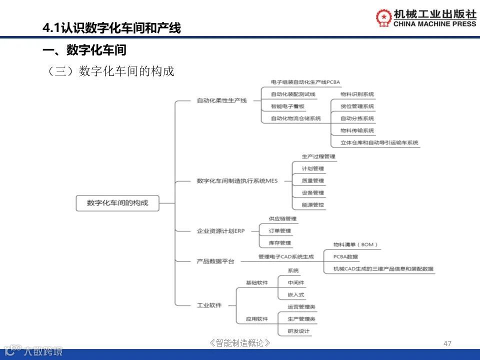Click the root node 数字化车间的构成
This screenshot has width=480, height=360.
pos(117,203)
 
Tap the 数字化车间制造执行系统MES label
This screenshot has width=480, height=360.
pos(237,180)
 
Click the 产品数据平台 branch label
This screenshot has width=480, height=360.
pos(215,261)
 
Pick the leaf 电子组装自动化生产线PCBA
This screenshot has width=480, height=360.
pos(305,82)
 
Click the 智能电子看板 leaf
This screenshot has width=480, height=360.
pos(287,106)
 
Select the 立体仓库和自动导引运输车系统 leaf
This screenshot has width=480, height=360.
pos(379,143)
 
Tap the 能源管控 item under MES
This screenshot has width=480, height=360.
pos(313,205)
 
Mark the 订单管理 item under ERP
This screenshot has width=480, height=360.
pos(279,231)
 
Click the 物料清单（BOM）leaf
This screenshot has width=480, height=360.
pos(355,245)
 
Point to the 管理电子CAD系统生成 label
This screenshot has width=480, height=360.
pos(286,257)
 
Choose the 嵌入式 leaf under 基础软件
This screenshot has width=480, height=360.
pos(296,295)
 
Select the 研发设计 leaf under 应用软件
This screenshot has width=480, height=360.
pos(298,331)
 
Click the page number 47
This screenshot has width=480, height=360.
pos(447,343)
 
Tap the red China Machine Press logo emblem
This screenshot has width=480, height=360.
pos(384,18)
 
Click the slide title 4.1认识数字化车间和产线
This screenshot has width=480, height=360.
pos(111,28)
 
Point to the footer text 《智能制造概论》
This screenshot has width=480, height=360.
pos(240,343)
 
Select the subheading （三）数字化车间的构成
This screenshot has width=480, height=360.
pos(110,71)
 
